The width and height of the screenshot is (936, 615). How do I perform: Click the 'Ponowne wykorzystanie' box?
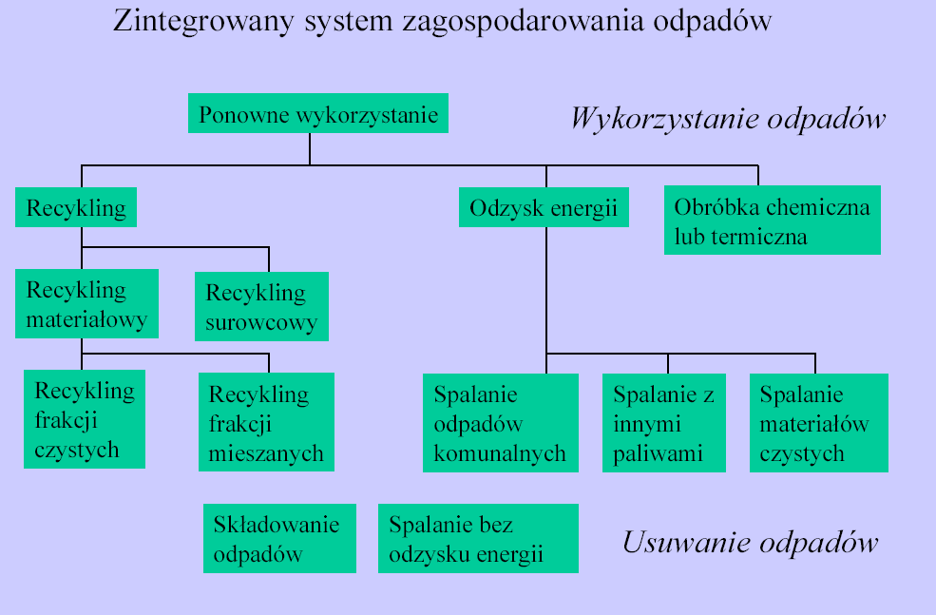tap(318, 113)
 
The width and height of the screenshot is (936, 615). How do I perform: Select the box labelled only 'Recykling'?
tap(76, 207)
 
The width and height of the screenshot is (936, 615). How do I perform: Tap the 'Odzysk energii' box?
tap(544, 207)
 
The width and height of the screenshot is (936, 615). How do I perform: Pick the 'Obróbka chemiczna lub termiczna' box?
tap(773, 221)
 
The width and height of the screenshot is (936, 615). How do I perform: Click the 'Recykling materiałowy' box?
tap(86, 304)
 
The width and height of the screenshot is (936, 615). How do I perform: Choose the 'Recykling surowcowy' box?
tap(261, 307)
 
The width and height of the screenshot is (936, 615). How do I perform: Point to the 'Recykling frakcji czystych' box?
tap(85, 419)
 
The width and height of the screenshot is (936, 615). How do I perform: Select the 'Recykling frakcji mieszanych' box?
tap(266, 422)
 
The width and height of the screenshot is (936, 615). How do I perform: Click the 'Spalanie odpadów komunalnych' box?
tap(500, 423)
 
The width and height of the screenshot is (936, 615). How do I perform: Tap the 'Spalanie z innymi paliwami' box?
tap(664, 423)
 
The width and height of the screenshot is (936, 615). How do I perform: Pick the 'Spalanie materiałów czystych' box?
tap(819, 423)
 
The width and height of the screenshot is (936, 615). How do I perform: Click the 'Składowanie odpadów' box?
tap(279, 539)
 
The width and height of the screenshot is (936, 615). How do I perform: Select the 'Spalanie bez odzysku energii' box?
tap(478, 539)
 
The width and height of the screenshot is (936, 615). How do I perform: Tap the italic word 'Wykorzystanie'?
tap(665, 119)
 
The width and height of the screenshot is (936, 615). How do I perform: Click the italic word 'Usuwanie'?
tap(688, 542)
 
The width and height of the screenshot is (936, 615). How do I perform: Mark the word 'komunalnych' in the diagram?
tap(500, 453)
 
